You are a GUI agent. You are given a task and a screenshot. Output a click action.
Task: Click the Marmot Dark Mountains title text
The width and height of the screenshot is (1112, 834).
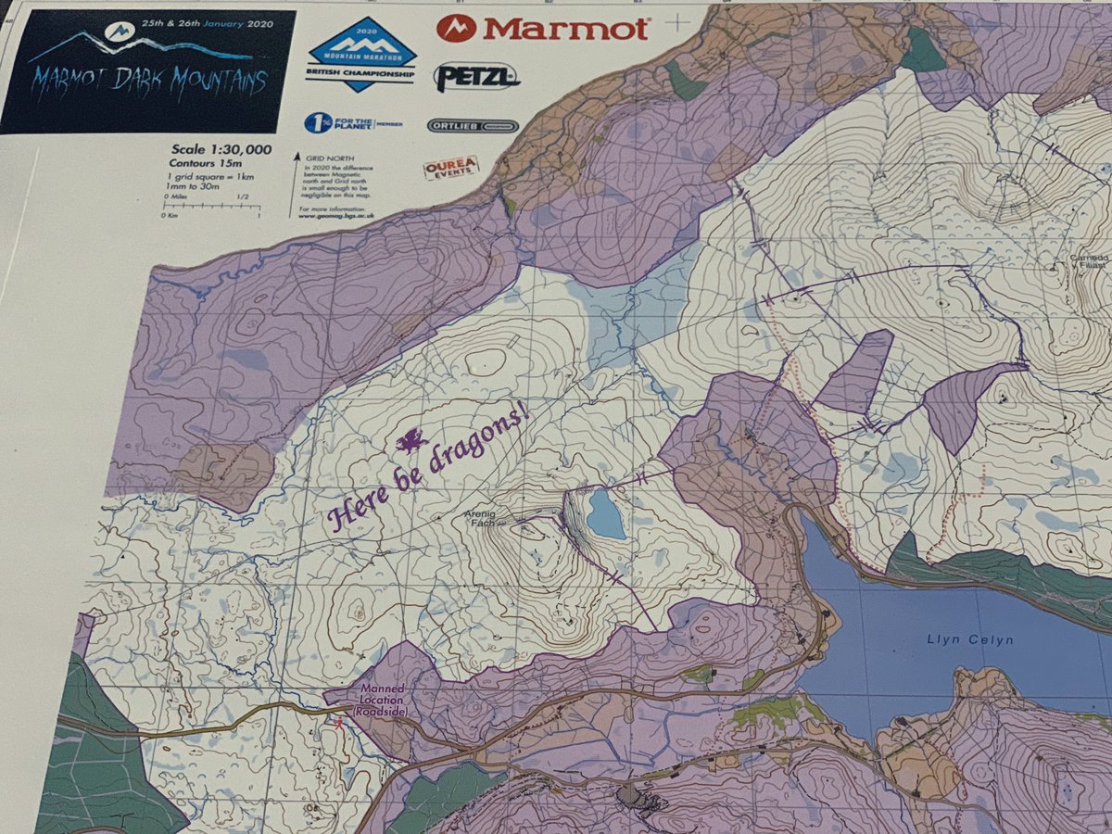coord(147,81)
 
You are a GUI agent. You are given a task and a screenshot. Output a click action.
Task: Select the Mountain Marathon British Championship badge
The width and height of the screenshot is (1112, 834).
coord(361,56)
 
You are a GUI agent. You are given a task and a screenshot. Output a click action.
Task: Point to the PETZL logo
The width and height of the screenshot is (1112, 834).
coord(476,76)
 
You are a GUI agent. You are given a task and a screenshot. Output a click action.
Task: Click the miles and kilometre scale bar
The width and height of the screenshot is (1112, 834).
coord(210,207)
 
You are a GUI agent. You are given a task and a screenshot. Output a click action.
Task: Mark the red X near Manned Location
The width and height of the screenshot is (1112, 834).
coord(339,722)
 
